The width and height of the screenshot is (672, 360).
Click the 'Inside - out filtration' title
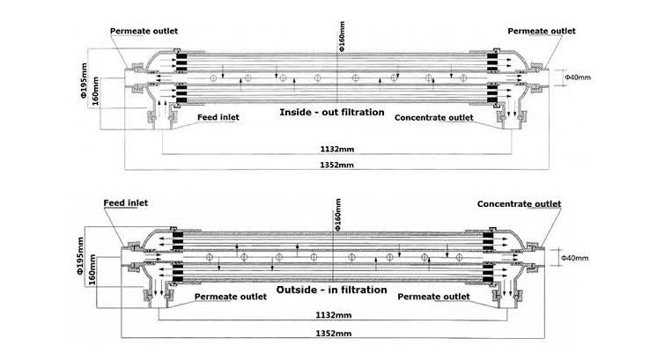click(x=332, y=113)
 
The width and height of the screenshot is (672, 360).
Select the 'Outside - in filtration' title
click(x=331, y=290)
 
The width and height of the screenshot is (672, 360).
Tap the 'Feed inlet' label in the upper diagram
click(x=218, y=117)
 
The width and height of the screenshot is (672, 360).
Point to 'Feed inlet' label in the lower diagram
click(x=126, y=203)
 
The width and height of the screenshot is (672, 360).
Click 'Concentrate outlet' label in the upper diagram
click(x=433, y=118)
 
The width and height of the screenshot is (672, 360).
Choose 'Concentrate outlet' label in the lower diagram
click(x=519, y=203)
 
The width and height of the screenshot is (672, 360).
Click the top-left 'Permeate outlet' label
click(x=144, y=31)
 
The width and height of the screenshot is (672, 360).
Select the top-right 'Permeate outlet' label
click(x=542, y=31)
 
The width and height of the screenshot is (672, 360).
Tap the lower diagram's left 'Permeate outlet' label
click(x=231, y=297)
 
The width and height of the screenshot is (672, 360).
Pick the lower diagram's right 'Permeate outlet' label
click(x=433, y=297)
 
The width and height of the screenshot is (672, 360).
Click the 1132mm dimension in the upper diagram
click(x=337, y=150)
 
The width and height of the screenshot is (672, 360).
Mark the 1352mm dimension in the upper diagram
click(x=336, y=165)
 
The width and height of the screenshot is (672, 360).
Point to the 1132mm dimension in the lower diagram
click(x=334, y=315)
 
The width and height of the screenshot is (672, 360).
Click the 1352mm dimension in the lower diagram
click(x=334, y=334)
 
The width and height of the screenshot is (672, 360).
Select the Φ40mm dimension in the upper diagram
click(x=578, y=77)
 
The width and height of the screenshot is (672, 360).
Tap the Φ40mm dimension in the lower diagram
click(x=575, y=258)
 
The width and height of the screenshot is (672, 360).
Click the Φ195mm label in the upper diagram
click(x=84, y=81)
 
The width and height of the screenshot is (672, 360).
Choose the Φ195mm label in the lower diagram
click(x=80, y=256)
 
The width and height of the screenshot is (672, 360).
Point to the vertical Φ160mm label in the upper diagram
click(x=342, y=36)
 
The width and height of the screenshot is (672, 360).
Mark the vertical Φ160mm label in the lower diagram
click(x=337, y=215)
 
